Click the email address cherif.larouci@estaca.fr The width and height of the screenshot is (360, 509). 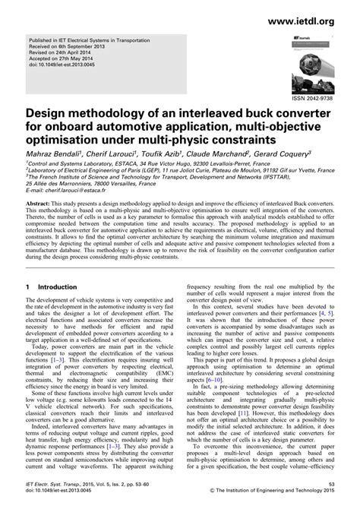(x=80, y=191)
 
